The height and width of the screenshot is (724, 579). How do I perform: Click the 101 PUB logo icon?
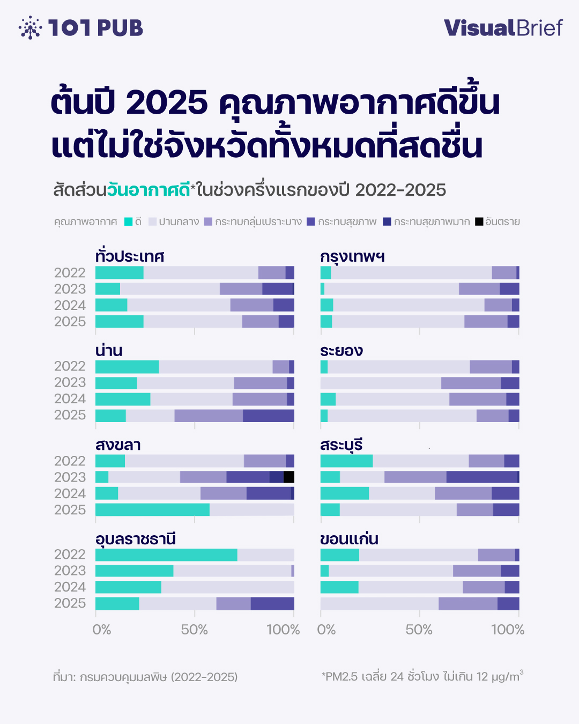click(30, 28)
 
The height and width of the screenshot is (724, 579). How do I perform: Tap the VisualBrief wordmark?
click(503, 28)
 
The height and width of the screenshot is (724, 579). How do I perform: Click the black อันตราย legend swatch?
click(479, 221)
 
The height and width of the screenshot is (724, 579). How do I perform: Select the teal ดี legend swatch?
click(129, 221)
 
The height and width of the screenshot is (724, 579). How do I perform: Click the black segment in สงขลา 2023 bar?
click(289, 477)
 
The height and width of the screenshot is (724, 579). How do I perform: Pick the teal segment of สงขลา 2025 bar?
click(152, 509)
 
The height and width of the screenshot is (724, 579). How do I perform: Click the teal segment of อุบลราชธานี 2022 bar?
click(166, 555)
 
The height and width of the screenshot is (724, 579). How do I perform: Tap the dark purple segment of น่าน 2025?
click(268, 416)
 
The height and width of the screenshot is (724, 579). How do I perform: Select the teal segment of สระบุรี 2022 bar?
click(346, 461)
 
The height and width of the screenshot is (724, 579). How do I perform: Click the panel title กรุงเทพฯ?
click(352, 256)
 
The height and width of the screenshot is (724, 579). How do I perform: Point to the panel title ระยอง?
click(342, 351)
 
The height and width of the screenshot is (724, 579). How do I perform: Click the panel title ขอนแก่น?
click(349, 539)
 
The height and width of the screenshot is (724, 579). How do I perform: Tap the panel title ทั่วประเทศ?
click(130, 256)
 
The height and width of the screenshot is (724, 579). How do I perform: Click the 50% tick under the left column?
click(194, 630)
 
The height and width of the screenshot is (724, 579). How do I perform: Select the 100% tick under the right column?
click(508, 630)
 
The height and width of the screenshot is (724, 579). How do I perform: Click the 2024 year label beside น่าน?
click(70, 399)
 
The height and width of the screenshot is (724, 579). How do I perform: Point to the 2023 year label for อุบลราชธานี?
click(70, 571)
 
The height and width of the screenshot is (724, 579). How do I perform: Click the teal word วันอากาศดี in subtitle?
click(149, 190)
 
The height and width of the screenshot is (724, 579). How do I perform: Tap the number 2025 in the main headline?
click(167, 102)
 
